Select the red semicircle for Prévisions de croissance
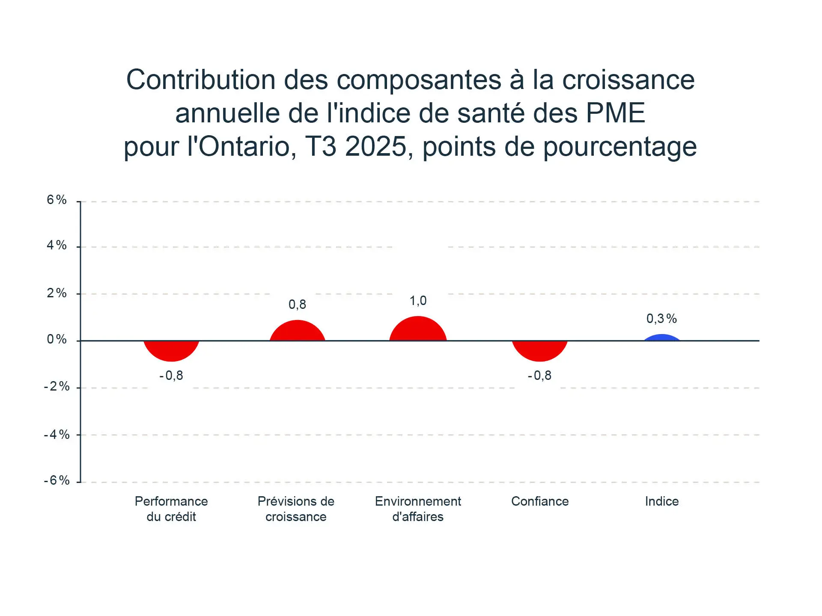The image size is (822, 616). [297, 331]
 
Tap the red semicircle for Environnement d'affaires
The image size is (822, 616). [418, 329]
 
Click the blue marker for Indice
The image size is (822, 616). [662, 338]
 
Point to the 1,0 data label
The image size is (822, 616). [418, 301]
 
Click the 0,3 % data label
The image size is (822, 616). [661, 319]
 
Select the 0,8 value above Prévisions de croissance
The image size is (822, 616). [297, 305]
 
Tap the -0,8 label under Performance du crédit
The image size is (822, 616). [171, 376]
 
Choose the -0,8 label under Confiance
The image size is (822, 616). [539, 376]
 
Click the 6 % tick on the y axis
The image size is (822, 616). [57, 200]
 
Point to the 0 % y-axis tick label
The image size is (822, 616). [57, 340]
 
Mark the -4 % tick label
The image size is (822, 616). [57, 435]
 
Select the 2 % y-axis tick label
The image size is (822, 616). [57, 293]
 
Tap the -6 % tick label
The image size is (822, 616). [57, 480]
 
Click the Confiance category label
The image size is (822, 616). [540, 501]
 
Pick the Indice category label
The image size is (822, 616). [662, 501]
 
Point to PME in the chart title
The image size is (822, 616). [615, 113]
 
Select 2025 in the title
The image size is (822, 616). [375, 147]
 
